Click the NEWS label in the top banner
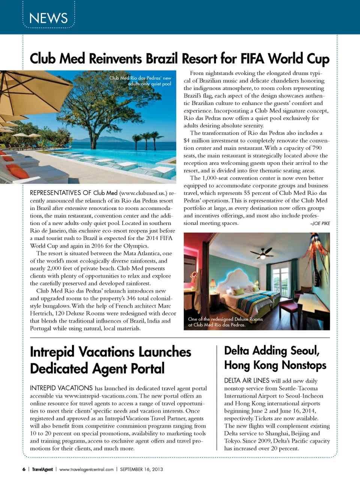pos(48,18)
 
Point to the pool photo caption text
pos(140,81)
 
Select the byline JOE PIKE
pos(321,223)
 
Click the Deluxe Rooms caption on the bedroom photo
pos(225,322)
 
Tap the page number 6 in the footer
pos(24,469)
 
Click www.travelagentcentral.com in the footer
pos(86,469)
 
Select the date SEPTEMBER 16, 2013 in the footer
pos(141,469)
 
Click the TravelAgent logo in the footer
pos(42,469)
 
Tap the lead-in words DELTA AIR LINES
pos(247,380)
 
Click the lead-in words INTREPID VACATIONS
pos(61,388)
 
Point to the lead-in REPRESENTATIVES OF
pos(60,193)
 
